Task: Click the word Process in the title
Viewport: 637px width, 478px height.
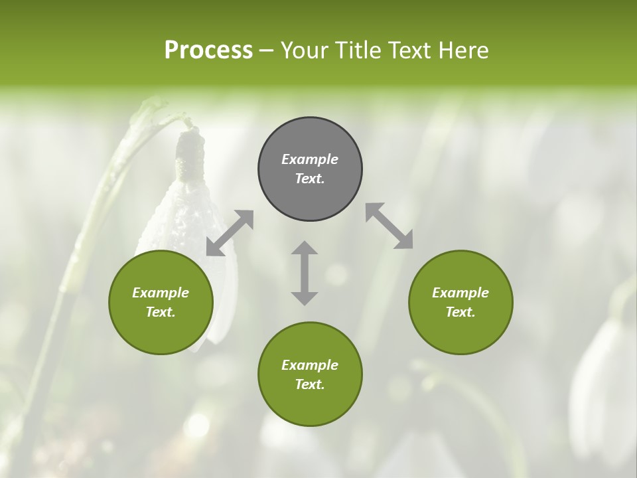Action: tap(208, 50)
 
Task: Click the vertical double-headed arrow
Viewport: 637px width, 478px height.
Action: tap(305, 273)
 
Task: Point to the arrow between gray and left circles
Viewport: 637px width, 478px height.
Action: tap(230, 233)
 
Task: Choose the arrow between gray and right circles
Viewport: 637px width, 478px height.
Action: tap(389, 226)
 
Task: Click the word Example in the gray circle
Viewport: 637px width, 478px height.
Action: tap(310, 159)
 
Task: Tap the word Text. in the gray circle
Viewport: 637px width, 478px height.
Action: tap(310, 179)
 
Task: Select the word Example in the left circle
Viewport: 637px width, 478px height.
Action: tap(161, 293)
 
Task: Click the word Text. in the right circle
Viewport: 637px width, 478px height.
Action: tap(460, 312)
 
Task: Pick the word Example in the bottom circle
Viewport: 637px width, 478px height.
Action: tap(310, 365)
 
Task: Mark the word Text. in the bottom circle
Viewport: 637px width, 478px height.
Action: tap(310, 384)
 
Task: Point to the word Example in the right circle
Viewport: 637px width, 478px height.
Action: tap(460, 293)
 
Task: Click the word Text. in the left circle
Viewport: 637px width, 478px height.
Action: tap(161, 312)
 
